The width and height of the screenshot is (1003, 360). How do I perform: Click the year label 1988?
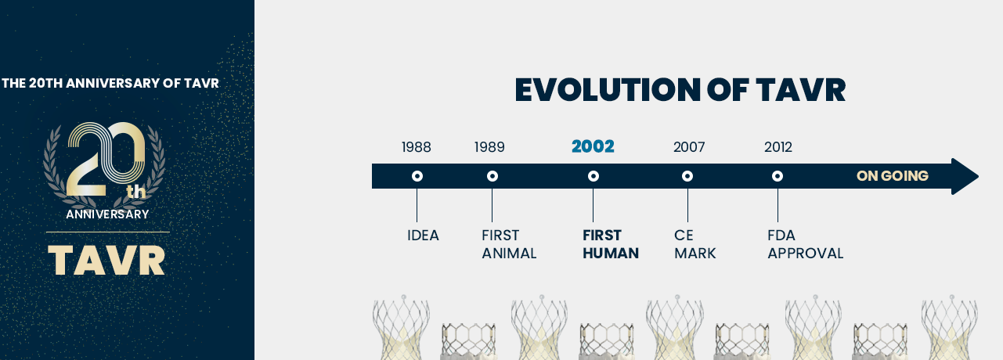[x=416, y=147]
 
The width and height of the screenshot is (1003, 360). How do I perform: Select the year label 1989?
[x=489, y=147]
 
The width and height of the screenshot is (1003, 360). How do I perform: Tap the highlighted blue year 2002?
[x=593, y=146]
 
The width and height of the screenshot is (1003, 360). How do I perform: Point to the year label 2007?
[x=689, y=147]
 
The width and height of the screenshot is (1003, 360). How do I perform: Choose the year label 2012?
[x=778, y=147]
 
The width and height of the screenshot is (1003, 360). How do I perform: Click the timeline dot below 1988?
[x=417, y=176]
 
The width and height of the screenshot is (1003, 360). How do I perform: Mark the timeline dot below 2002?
[x=594, y=176]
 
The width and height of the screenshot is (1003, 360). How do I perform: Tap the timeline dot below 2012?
[x=778, y=176]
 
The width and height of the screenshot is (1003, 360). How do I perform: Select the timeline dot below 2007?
[x=687, y=176]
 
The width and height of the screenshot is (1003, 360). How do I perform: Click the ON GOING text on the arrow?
[x=893, y=176]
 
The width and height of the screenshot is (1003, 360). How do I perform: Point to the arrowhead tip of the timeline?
[x=979, y=176]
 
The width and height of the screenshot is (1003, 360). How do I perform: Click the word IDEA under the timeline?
[x=423, y=235]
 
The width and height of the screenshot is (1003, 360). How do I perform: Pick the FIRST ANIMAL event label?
[x=509, y=244]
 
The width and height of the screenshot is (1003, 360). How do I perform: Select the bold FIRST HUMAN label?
[x=611, y=244]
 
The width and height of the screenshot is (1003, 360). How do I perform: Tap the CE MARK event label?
[x=695, y=244]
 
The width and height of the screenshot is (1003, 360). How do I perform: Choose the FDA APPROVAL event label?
[x=806, y=244]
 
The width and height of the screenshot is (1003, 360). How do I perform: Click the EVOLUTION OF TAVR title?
[x=680, y=90]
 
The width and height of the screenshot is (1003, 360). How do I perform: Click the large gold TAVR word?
[x=106, y=260]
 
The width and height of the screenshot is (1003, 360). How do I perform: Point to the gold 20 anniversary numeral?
[x=106, y=159]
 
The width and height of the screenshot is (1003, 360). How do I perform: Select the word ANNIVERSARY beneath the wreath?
[x=107, y=214]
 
